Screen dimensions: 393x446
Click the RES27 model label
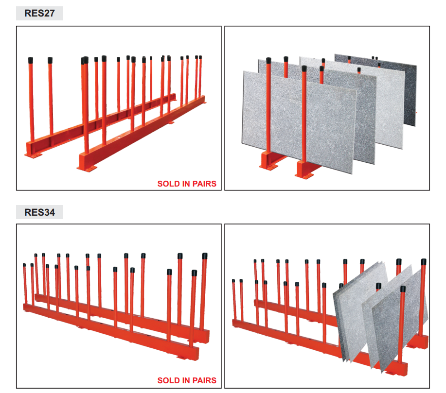pos(39,13)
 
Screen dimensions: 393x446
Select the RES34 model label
pos(39,212)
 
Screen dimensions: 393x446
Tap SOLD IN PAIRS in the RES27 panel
pos(187,184)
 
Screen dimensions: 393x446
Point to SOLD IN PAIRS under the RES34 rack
pos(187,380)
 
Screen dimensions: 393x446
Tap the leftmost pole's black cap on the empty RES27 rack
pos(31,60)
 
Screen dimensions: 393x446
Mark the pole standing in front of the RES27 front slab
pos(304,117)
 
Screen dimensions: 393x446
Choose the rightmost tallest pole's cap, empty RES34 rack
pos(204,256)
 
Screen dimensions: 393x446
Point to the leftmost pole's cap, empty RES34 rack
pos(24,265)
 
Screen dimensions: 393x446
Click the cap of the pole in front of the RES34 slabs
pos(403,289)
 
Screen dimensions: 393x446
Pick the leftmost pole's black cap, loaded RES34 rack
pos(234,280)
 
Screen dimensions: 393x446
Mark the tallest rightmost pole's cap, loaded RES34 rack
pos(424,261)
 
